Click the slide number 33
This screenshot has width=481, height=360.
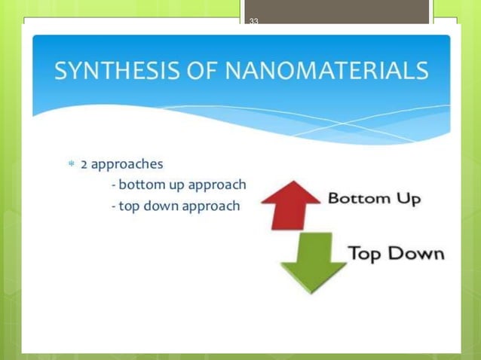253,21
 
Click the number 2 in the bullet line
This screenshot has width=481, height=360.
84,163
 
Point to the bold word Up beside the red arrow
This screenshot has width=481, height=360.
408,200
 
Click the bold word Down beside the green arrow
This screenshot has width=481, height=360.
415,252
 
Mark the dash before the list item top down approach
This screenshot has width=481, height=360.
112,206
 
